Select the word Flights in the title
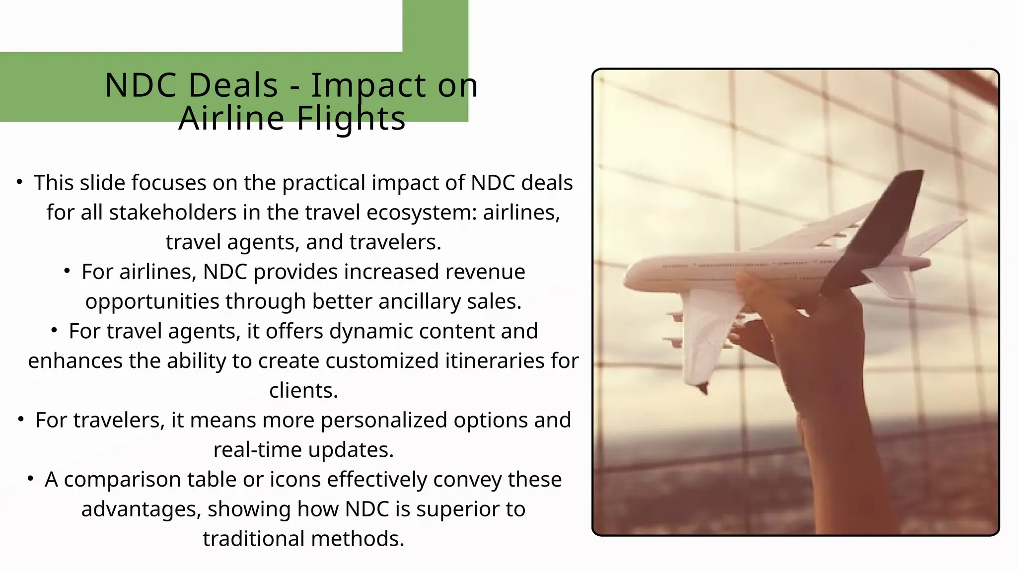coord(351,119)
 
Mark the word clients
coord(303,391)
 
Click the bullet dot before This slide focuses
coord(19,182)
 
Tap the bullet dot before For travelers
coord(21,420)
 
